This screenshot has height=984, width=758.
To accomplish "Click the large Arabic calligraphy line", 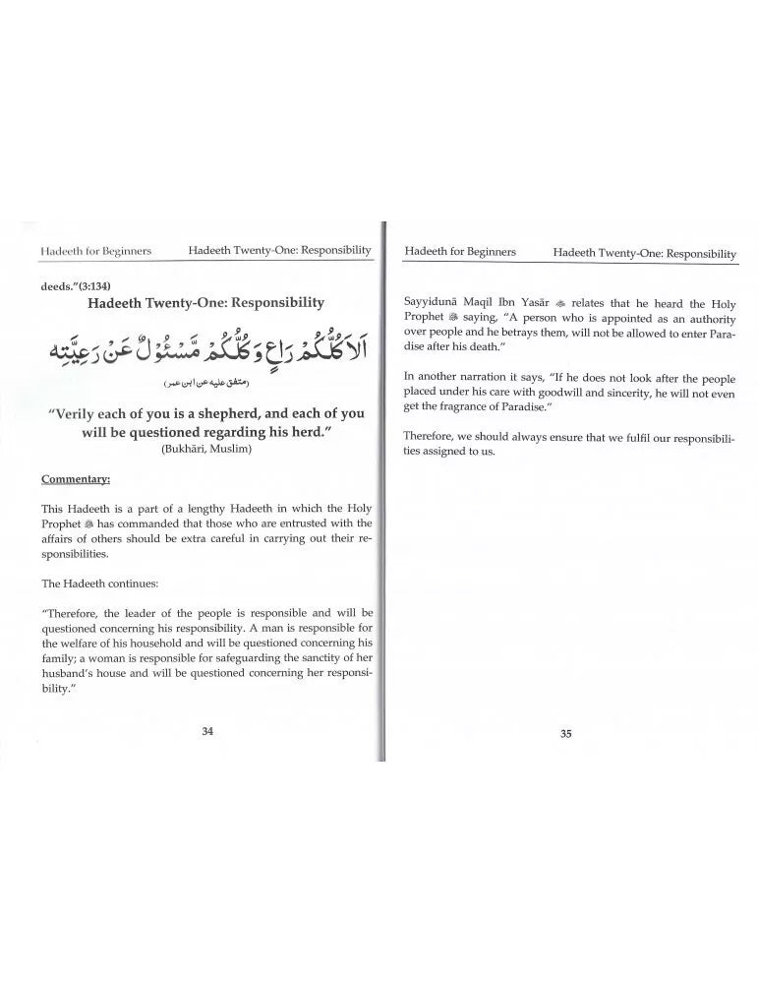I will (x=206, y=342).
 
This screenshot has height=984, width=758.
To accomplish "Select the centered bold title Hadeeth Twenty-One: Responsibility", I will (x=206, y=303).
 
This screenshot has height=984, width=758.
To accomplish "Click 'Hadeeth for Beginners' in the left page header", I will (x=96, y=250).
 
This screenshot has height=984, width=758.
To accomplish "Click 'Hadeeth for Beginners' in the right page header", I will (x=460, y=252).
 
